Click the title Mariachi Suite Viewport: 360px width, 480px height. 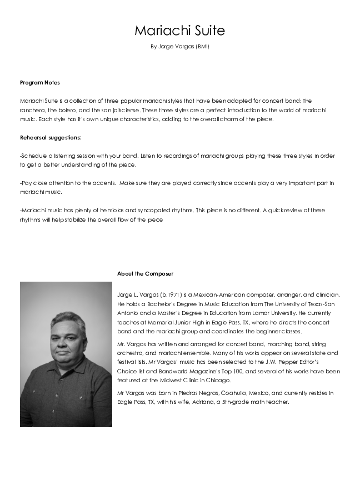tap(179, 30)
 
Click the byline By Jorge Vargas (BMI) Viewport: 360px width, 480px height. tap(179, 47)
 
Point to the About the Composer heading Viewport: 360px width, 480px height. tap(145, 273)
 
